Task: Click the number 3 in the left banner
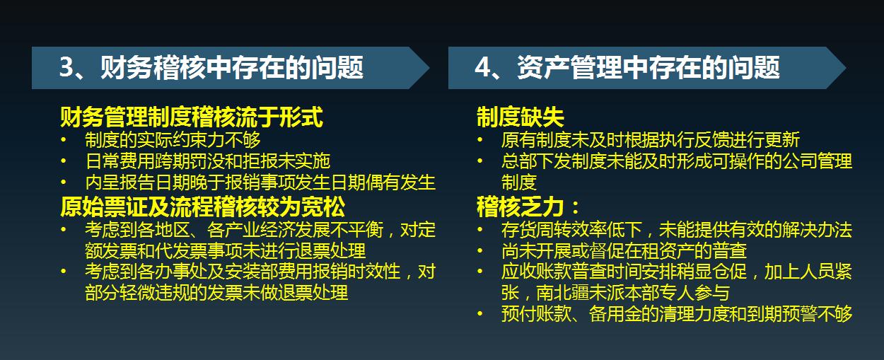click(66, 68)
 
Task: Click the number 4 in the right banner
click(482, 68)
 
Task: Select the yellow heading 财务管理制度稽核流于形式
click(192, 117)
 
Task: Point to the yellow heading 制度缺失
click(520, 117)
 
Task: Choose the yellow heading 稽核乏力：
click(528, 207)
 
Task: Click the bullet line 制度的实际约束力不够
click(173, 140)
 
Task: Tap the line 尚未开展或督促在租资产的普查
click(624, 251)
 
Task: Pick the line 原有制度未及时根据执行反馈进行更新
click(650, 140)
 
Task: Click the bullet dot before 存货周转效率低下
click(481, 230)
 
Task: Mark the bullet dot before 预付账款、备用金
click(481, 314)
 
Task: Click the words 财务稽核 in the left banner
click(145, 68)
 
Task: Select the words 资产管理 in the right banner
click(562, 68)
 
